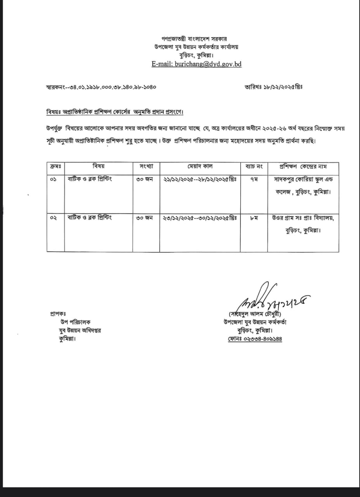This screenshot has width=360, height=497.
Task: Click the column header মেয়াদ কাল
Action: point(200,167)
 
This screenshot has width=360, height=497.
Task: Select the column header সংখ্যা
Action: point(146,167)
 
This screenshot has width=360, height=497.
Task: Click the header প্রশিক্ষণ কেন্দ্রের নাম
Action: point(303,167)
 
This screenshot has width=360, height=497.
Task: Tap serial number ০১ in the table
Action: point(54,180)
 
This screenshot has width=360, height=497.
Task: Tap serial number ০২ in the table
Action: point(54,218)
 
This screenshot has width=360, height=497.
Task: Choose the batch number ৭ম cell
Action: point(254,180)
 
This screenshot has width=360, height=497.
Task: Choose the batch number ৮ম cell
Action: point(254,218)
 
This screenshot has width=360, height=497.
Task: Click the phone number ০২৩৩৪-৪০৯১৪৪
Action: point(255,339)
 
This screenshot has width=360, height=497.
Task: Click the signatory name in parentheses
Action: point(255,314)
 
